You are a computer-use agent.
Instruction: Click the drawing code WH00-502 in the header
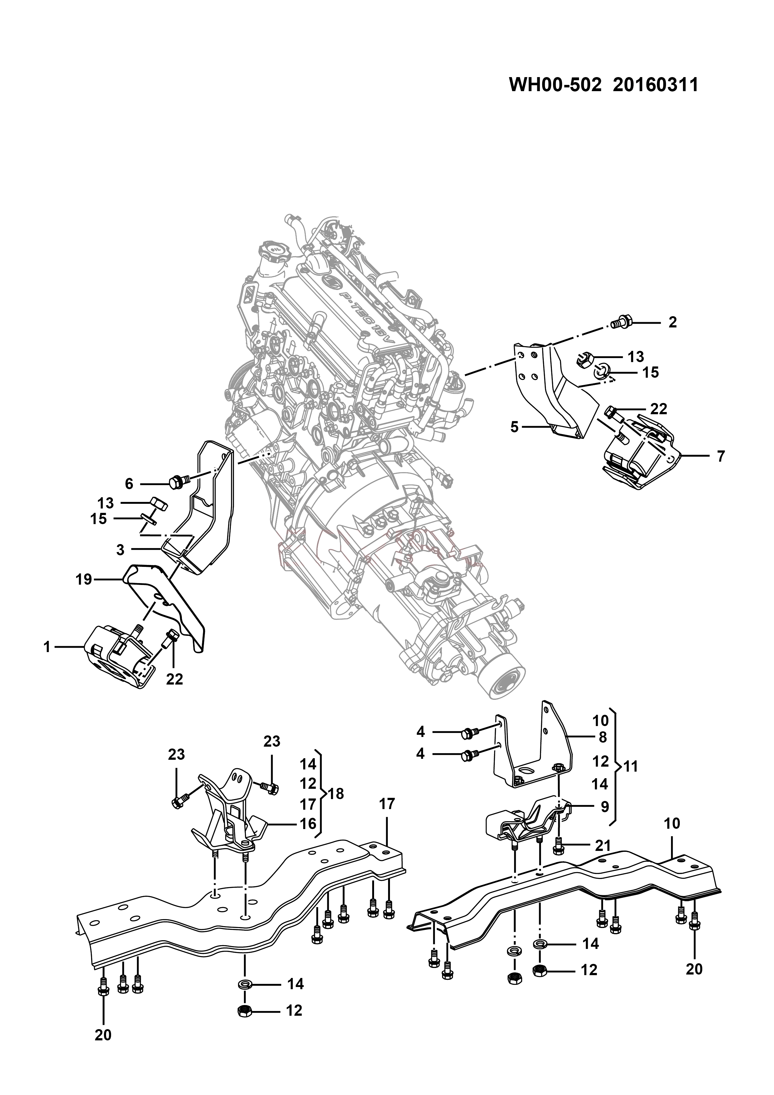(x=555, y=85)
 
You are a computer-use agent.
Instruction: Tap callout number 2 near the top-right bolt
(x=673, y=322)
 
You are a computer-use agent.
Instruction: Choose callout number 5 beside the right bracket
(x=514, y=427)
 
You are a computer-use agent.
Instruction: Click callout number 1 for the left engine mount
(x=47, y=647)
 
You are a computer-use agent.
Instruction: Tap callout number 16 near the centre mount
(x=308, y=824)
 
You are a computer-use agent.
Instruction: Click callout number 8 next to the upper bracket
(x=602, y=737)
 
